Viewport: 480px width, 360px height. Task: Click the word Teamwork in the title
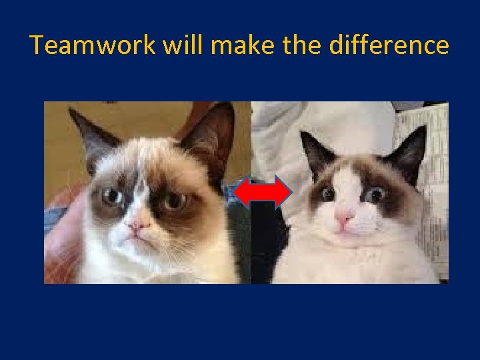pos(91,45)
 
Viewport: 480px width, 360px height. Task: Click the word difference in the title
pos(391,45)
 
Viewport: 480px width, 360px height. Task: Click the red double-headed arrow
pos(265,193)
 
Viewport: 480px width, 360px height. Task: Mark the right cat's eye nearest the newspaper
pos(375,195)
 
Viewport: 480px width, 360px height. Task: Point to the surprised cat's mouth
pos(345,229)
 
